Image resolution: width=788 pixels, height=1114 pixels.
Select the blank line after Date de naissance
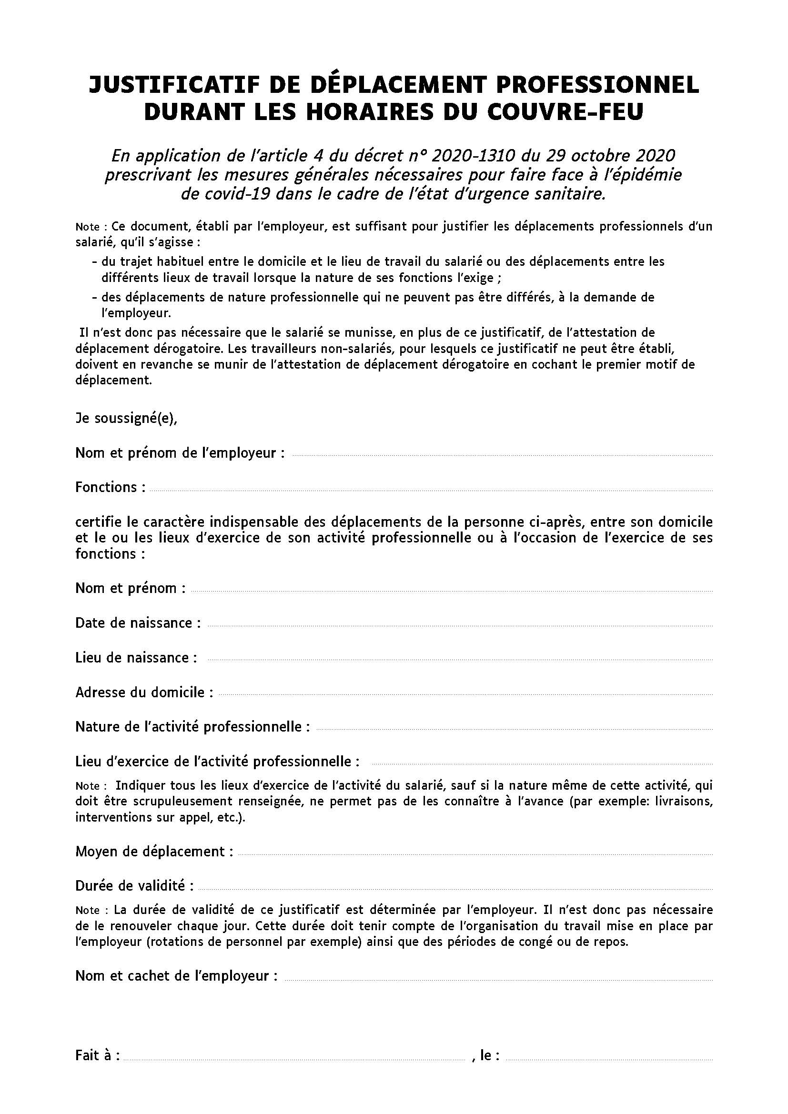point(460,626)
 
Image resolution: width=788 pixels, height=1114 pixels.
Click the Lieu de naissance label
point(136,657)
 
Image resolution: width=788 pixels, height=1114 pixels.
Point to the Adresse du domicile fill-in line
point(466,695)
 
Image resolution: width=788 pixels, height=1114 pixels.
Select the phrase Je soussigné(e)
point(126,419)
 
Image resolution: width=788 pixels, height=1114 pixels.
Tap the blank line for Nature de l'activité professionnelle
point(515,729)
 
